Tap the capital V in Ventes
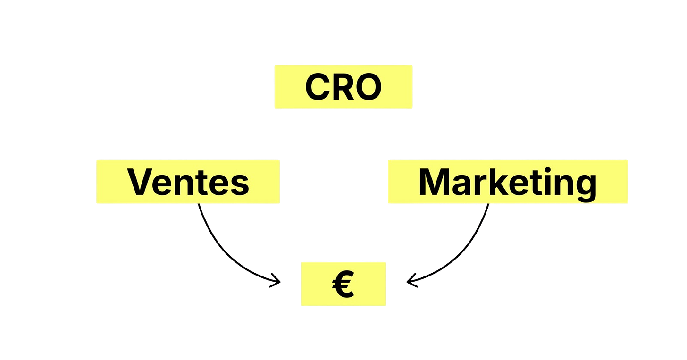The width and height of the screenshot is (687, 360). point(142,182)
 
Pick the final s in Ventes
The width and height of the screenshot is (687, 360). point(240,184)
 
